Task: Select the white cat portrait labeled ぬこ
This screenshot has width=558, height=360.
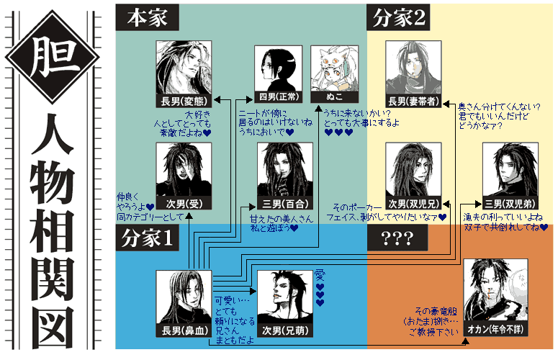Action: pyautogui.click(x=333, y=69)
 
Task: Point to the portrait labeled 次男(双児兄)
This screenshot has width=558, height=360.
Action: pyautogui.click(x=413, y=169)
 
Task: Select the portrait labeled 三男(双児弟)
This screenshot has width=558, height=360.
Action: pyautogui.click(x=509, y=169)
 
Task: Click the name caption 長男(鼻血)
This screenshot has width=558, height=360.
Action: pyautogui.click(x=184, y=331)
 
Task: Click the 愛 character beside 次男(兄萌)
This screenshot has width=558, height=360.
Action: pyautogui.click(x=320, y=275)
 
